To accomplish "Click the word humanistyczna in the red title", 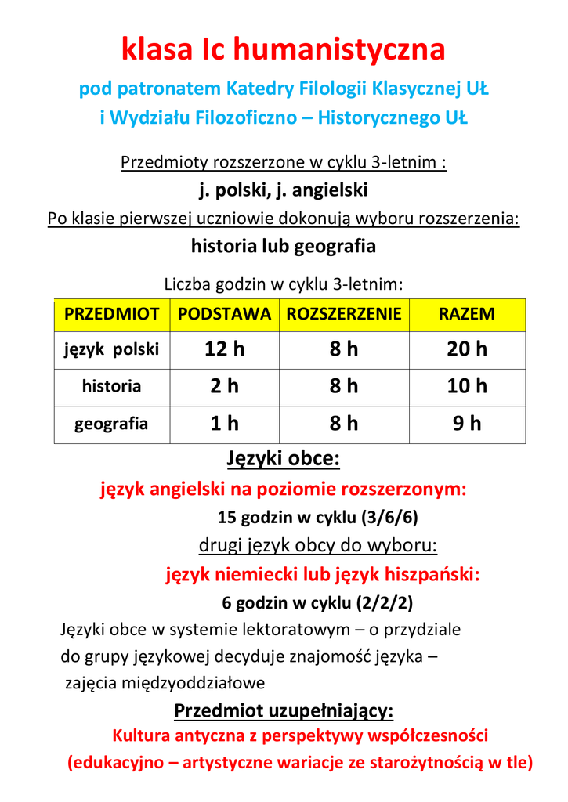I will (x=338, y=50).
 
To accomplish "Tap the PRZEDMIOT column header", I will (x=111, y=314).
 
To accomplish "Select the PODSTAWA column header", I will (x=224, y=314).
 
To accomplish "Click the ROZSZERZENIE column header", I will (x=343, y=314).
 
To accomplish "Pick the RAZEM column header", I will (x=466, y=314).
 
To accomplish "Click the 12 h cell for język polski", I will (x=224, y=349).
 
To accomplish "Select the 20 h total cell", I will (x=467, y=349).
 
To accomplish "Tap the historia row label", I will (x=111, y=386).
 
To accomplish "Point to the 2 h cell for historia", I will (x=224, y=386).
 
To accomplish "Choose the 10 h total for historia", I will (x=467, y=386).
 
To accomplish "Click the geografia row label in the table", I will (x=111, y=424).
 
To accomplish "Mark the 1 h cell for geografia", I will (x=224, y=424).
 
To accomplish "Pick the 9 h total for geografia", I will (x=467, y=424).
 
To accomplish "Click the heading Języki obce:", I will (x=283, y=458).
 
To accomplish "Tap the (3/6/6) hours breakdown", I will (x=394, y=518).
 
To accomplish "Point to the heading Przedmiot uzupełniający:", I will (x=284, y=711).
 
